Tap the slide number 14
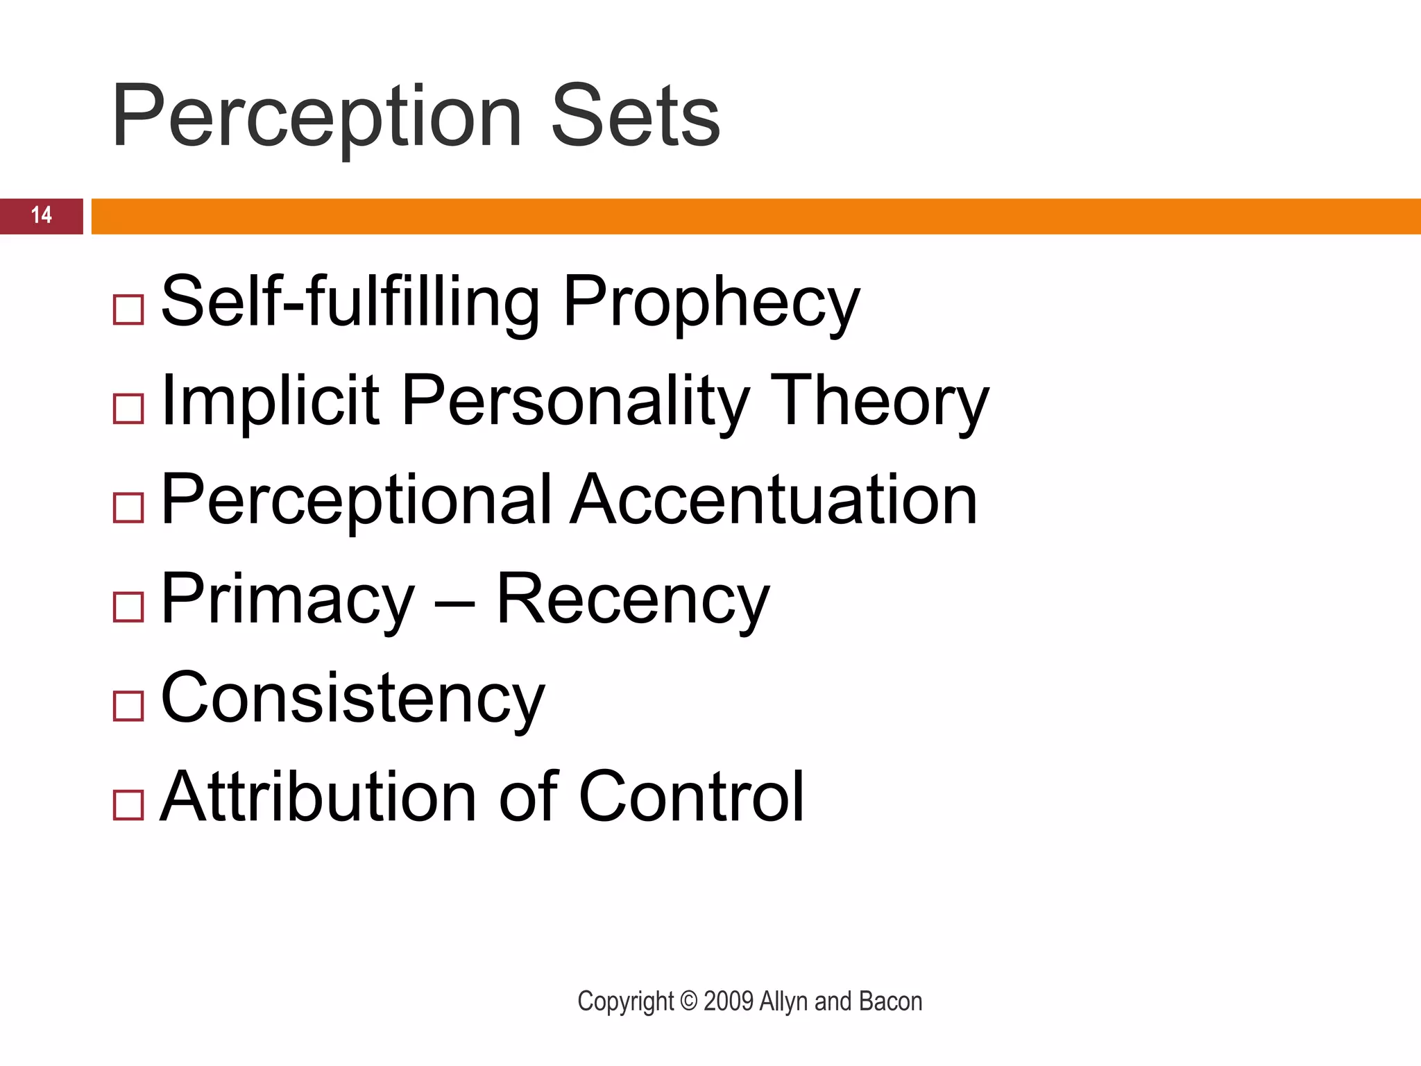pyautogui.click(x=42, y=215)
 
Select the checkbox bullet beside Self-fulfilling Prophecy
pyautogui.click(x=128, y=310)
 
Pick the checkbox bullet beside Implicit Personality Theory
pyautogui.click(x=128, y=409)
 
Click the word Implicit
pyautogui.click(x=270, y=401)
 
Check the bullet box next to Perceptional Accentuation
pyautogui.click(x=128, y=507)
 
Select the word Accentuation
pyautogui.click(x=774, y=500)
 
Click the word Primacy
pyautogui.click(x=287, y=600)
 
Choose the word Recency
pyautogui.click(x=633, y=600)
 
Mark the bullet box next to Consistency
pyautogui.click(x=128, y=706)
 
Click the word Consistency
pyautogui.click(x=352, y=699)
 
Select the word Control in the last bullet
pyautogui.click(x=691, y=797)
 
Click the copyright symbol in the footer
pyautogui.click(x=688, y=1001)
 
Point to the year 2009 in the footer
pyautogui.click(x=729, y=1001)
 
